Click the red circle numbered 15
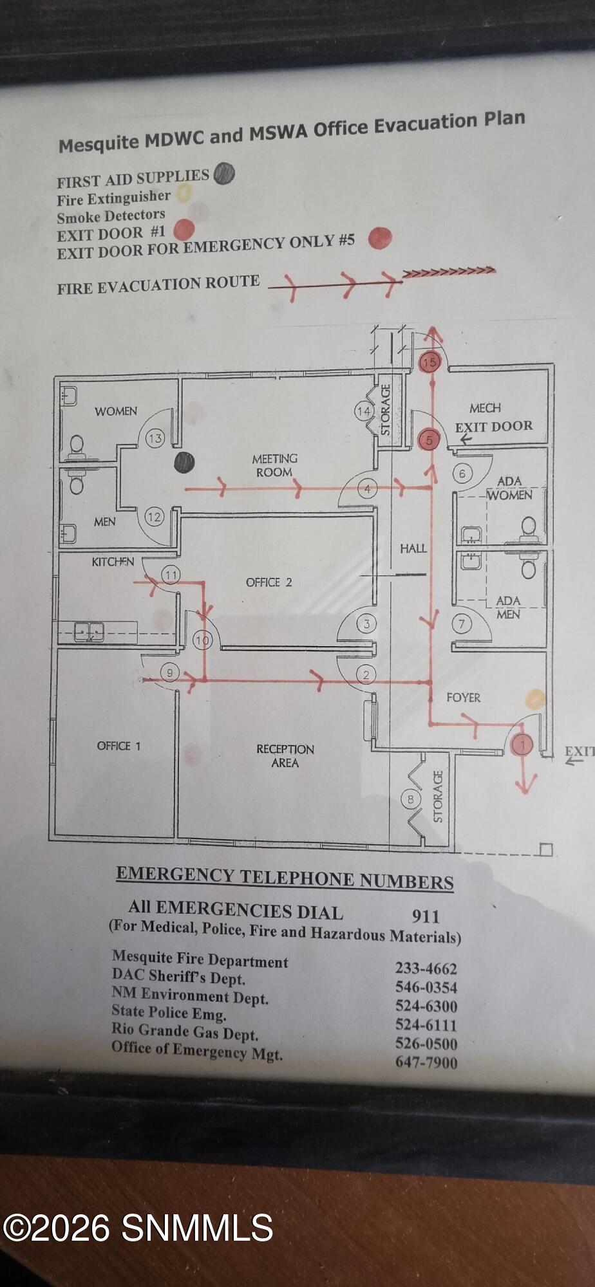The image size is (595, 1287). (x=430, y=362)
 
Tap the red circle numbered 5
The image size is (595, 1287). (x=429, y=440)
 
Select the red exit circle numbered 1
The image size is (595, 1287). (x=522, y=745)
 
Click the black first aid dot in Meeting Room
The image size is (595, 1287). (x=184, y=462)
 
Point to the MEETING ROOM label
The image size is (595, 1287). (x=274, y=465)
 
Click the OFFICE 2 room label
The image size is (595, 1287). (x=269, y=582)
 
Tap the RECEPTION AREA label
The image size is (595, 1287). (x=285, y=756)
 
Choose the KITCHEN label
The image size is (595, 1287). (x=113, y=562)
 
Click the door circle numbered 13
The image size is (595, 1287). (x=155, y=439)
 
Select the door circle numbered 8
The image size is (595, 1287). (x=410, y=800)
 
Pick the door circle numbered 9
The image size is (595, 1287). (x=169, y=673)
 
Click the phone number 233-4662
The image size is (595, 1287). (x=426, y=968)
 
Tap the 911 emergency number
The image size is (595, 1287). (x=426, y=916)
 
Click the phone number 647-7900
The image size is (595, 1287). (x=426, y=1062)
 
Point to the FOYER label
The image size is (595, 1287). (x=463, y=698)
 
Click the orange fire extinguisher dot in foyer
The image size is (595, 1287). (x=535, y=699)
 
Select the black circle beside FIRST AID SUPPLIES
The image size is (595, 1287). (x=223, y=174)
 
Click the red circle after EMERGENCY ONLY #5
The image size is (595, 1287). (x=380, y=238)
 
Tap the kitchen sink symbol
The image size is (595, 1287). (x=89, y=632)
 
